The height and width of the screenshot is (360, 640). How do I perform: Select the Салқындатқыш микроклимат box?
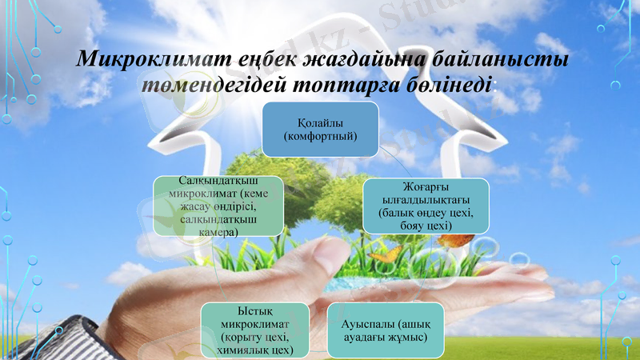click(x=218, y=206)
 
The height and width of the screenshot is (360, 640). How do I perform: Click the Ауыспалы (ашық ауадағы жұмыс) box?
click(x=385, y=330)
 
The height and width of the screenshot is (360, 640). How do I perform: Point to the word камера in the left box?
click(x=218, y=231)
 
